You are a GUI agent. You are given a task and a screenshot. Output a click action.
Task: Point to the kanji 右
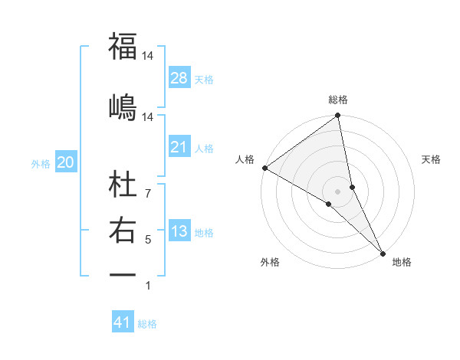coord(123,230)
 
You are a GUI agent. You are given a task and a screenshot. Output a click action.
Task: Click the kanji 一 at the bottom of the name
coord(123,274)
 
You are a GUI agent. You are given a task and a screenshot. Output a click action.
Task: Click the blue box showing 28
coord(179,78)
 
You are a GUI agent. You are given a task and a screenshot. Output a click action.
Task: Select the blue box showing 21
coord(179,147)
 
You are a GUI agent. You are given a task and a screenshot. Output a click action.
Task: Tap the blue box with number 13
coord(179,232)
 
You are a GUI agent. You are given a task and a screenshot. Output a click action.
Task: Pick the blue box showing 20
coord(66,162)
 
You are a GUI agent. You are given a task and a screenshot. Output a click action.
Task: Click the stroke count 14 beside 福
coord(148,56)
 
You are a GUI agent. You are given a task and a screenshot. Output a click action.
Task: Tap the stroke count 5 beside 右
coord(148,240)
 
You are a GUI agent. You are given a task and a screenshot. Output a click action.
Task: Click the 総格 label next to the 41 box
coord(148,324)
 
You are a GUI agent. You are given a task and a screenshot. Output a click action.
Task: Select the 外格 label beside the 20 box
coord(41,163)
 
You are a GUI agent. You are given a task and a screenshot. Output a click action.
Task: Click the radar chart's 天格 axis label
coord(431,159)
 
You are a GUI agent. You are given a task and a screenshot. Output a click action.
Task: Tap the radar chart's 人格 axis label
coord(245,159)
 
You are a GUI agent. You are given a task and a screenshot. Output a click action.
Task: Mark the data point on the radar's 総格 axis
coord(337,116)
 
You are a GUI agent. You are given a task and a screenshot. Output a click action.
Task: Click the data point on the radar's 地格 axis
coord(382,252)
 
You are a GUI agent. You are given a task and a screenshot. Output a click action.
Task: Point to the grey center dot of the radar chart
coord(337,190)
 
